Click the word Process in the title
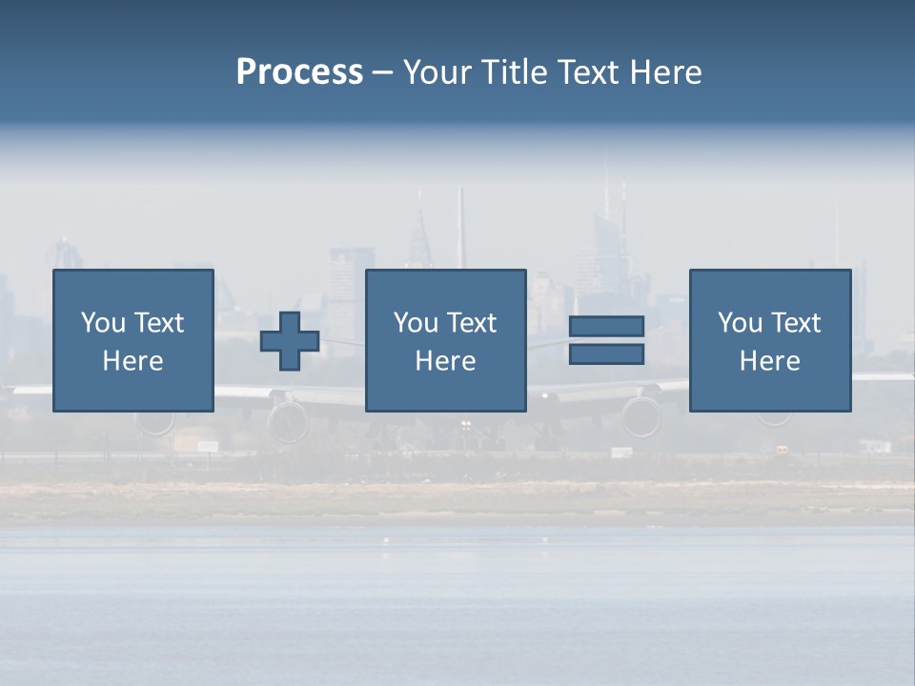(x=299, y=72)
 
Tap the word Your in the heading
(x=436, y=72)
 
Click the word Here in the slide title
(x=668, y=72)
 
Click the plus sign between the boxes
(x=290, y=341)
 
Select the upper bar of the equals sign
(x=606, y=327)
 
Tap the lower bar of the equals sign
(x=606, y=354)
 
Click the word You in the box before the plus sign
(x=103, y=323)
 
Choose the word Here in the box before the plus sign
(x=132, y=361)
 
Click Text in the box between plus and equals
(x=472, y=323)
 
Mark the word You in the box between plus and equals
(x=416, y=323)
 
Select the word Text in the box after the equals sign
(x=796, y=323)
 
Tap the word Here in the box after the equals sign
(x=769, y=361)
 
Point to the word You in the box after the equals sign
(x=740, y=323)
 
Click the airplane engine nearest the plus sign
(x=287, y=418)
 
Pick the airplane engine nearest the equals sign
(x=640, y=416)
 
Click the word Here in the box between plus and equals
(x=445, y=361)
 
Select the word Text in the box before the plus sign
(x=159, y=323)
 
